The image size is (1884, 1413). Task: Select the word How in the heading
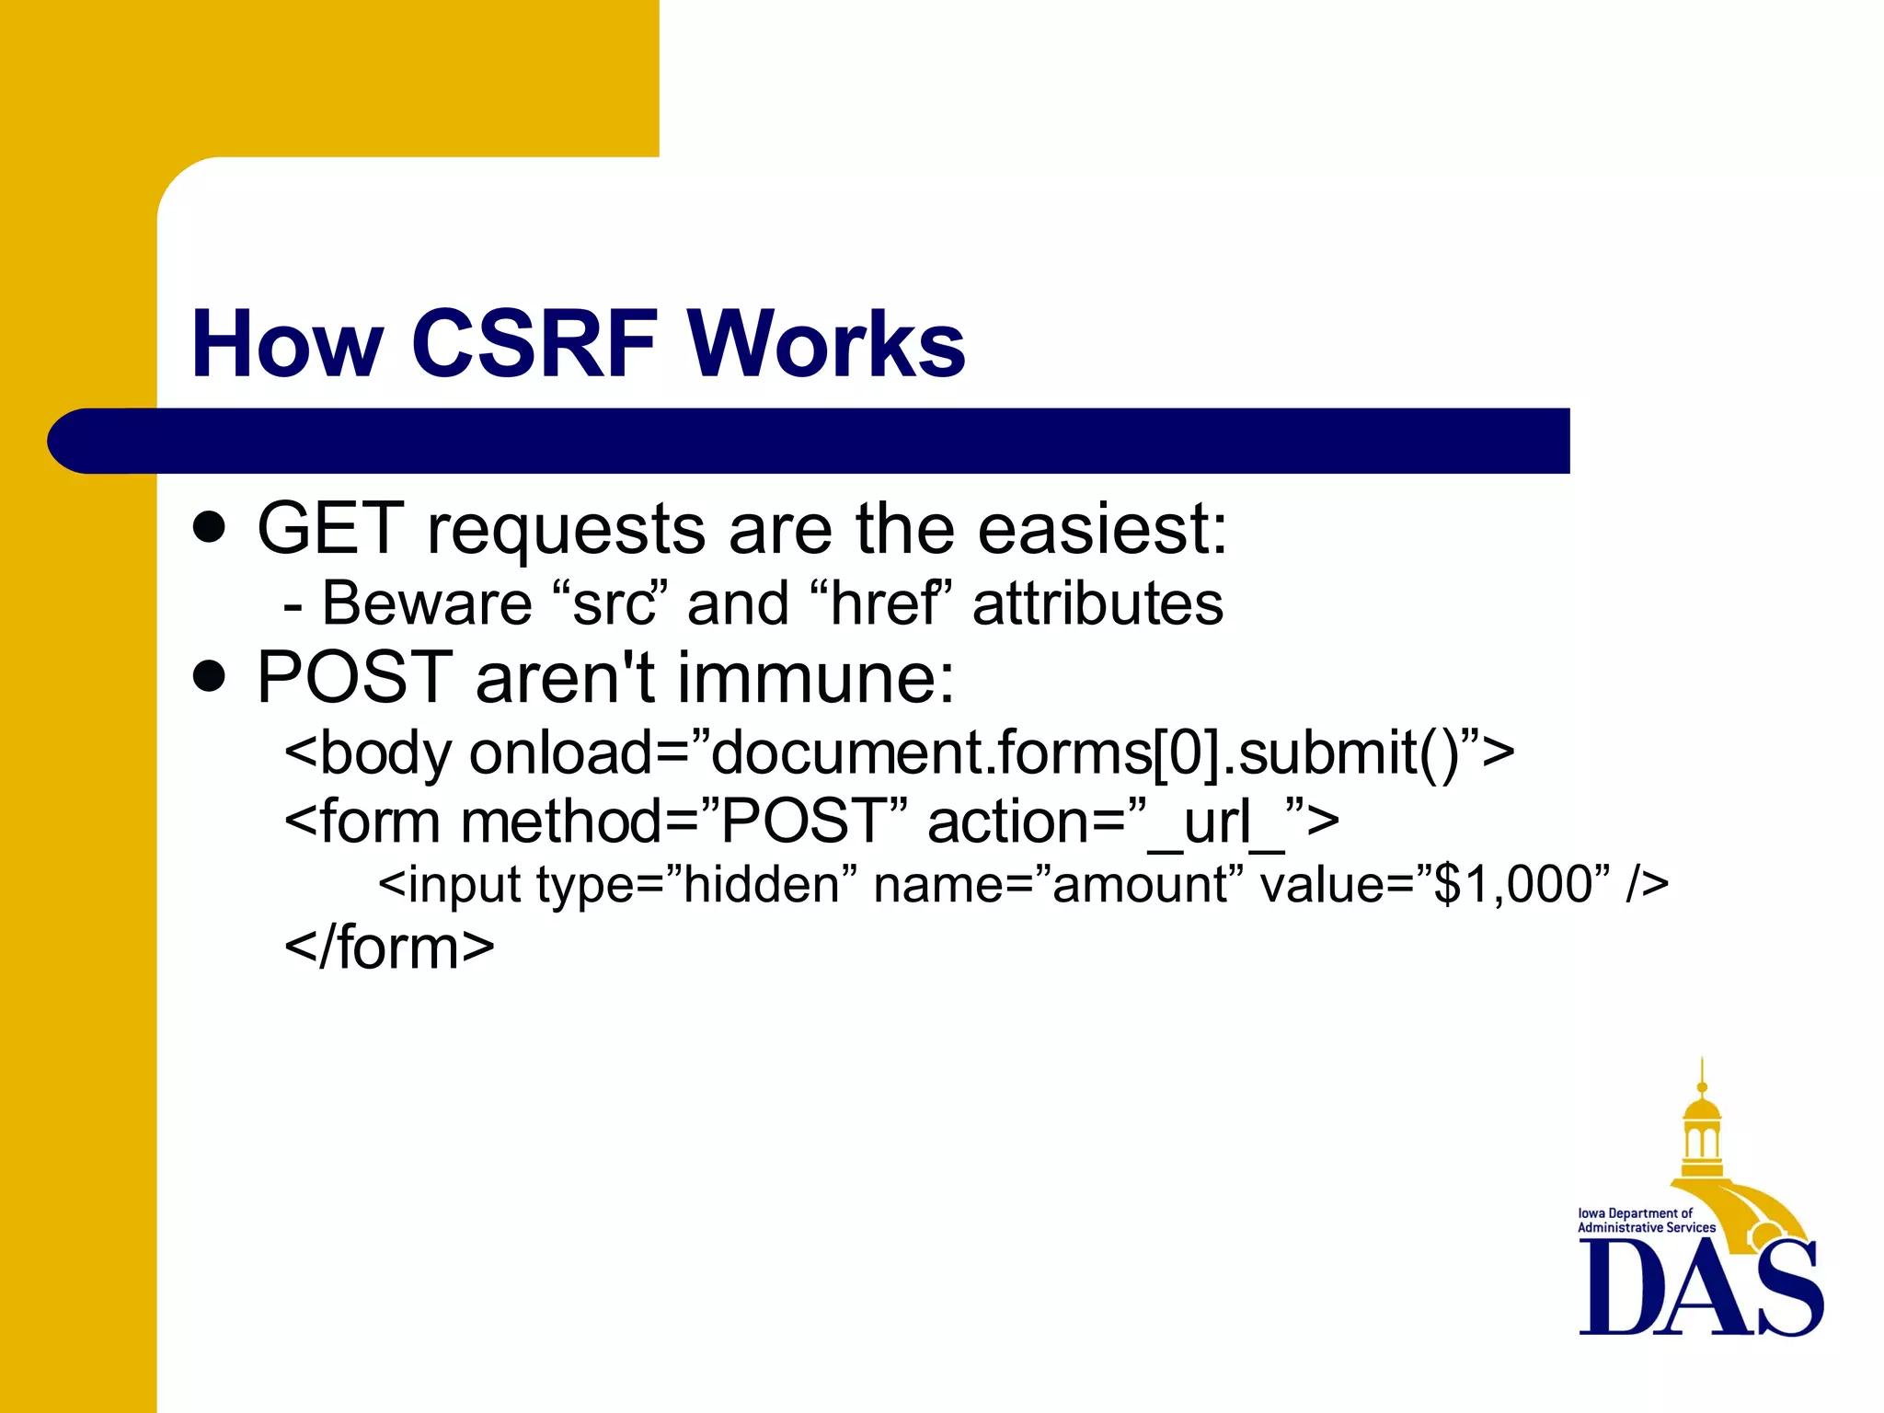286,344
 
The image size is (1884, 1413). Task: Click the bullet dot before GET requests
210,529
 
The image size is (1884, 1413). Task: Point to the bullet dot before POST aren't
210,677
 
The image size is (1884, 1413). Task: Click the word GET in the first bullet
330,529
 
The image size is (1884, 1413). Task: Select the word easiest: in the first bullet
1102,529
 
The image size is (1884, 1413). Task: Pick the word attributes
1097,604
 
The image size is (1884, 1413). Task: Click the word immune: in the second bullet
816,677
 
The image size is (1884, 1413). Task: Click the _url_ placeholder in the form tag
1216,821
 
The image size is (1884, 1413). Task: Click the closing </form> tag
389,948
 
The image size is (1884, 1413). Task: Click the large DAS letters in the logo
1700,1288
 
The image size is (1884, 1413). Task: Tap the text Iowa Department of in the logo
1635,1213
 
